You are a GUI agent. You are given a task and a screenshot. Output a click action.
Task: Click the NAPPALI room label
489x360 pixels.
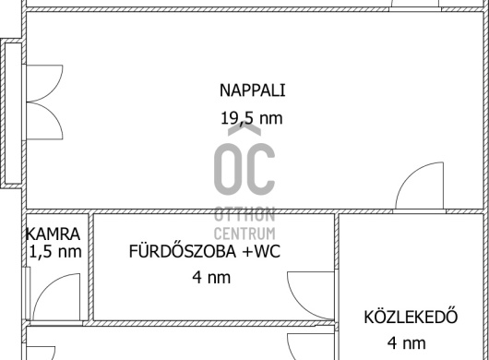252,90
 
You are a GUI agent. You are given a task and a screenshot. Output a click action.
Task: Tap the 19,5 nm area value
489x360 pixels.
252,118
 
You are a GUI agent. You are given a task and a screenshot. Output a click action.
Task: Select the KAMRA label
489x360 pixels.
53,234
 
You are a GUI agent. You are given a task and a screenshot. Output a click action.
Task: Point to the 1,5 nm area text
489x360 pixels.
55,251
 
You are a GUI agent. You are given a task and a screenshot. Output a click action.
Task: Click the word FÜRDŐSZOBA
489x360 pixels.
183,251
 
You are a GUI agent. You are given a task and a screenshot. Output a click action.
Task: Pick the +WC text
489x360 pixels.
261,251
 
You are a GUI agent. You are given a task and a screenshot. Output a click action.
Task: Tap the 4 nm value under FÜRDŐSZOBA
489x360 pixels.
211,277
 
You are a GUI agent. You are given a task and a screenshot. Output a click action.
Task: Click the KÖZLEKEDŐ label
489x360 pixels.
411,317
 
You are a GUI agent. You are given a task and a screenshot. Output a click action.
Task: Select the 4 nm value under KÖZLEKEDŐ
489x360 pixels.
406,343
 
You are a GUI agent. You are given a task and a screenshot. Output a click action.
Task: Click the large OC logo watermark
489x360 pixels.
244,169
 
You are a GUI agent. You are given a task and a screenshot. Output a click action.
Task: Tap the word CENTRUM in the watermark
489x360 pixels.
244,234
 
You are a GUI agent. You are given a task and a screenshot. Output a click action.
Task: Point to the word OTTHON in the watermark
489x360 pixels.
244,215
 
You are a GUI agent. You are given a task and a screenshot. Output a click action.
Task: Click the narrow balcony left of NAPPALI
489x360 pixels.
13,114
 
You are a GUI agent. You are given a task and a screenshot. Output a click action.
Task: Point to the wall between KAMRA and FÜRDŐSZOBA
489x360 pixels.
90,267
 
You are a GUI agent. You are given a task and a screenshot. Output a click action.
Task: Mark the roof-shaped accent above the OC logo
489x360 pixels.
244,129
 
